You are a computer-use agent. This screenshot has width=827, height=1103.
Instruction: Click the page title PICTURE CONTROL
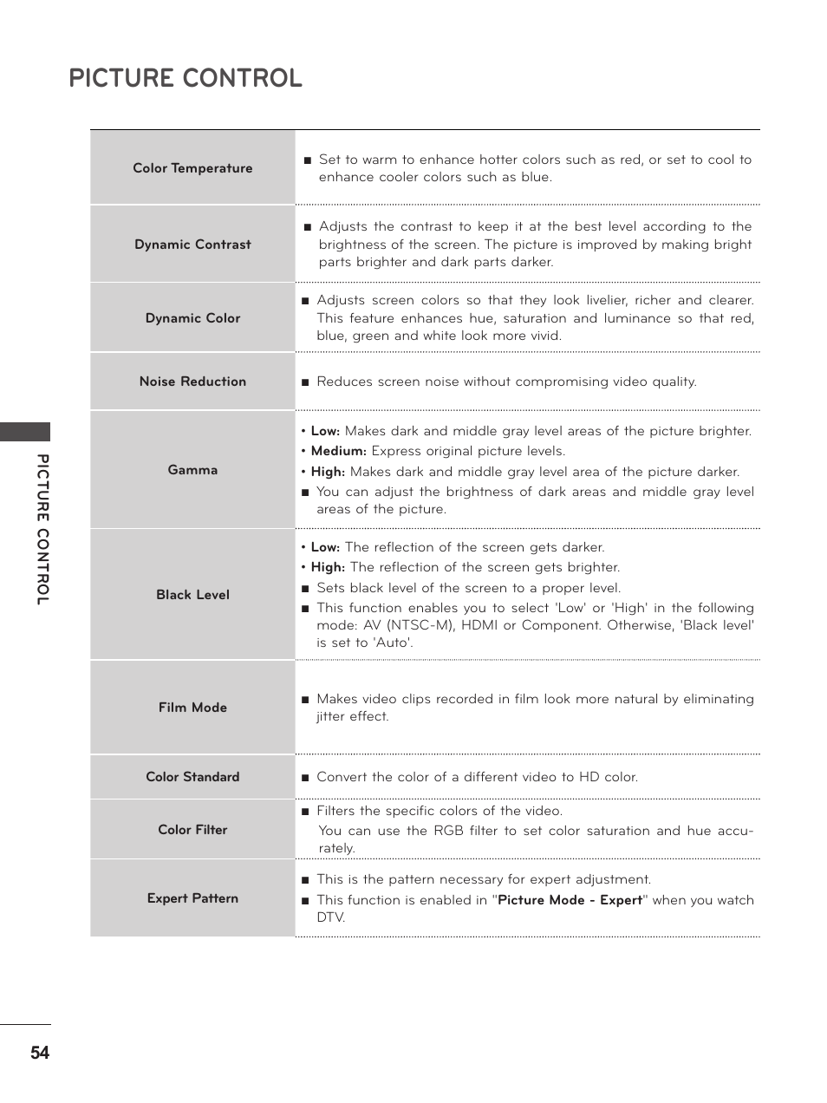(186, 78)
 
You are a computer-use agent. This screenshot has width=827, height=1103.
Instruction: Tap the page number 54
(40, 1053)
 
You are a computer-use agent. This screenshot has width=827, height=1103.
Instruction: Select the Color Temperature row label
(192, 168)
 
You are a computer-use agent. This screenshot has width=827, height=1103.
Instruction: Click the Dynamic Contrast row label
(192, 245)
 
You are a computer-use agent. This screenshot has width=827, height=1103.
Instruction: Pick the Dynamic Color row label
(192, 318)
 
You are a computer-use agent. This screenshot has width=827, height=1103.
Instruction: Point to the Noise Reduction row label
(192, 382)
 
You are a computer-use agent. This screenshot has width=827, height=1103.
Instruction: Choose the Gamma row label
(192, 470)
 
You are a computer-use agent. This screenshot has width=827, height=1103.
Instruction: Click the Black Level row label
(192, 595)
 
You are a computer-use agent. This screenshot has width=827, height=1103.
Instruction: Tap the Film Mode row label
(192, 708)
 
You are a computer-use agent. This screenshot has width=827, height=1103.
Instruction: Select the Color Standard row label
(192, 777)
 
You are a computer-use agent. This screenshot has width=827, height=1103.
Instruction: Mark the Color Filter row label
(192, 830)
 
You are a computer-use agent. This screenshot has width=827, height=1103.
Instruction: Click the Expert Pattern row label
(192, 898)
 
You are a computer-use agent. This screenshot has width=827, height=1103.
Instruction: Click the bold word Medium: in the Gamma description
(338, 451)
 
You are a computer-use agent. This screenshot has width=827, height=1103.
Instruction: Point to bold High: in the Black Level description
(328, 567)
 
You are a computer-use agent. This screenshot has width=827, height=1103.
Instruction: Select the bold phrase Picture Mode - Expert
(570, 900)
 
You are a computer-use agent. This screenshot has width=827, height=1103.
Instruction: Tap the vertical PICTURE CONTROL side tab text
(42, 529)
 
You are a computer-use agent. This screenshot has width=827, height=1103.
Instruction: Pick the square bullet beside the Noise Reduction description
(305, 382)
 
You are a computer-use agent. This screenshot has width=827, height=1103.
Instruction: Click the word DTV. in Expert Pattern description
(330, 917)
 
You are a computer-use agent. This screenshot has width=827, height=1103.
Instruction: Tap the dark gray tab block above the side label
(25, 432)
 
